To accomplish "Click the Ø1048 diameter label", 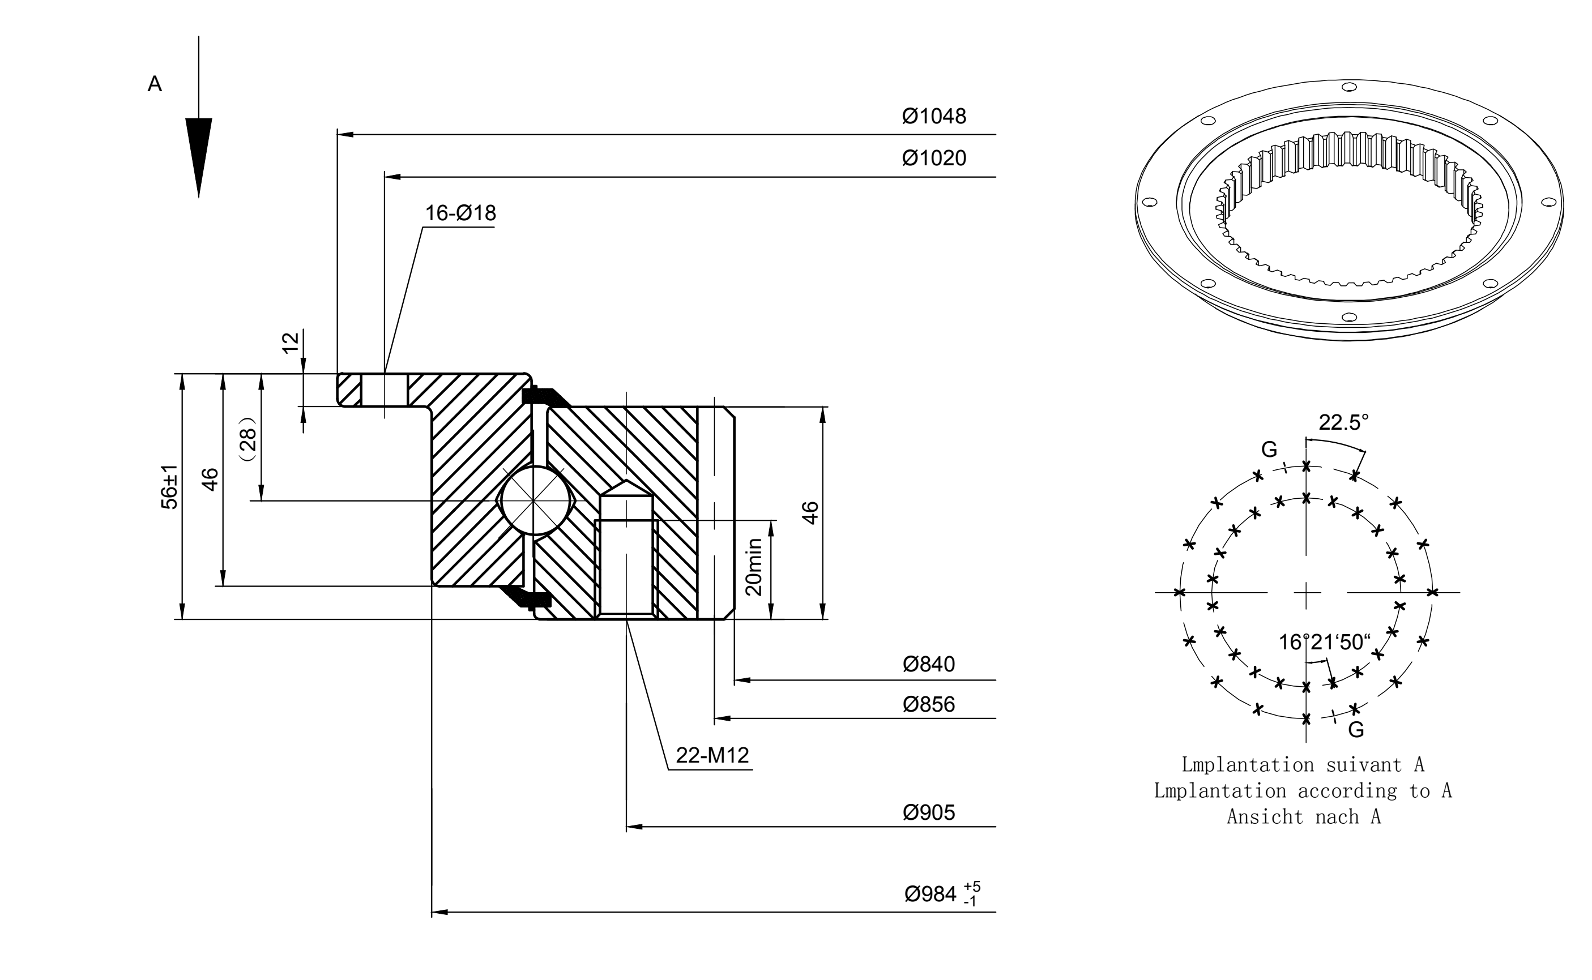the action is click(x=933, y=116).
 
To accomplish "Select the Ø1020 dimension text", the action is click(x=933, y=158).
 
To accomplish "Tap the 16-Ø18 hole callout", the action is click(x=460, y=213).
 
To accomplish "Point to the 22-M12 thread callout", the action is click(x=712, y=755).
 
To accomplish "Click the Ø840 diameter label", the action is click(x=928, y=664).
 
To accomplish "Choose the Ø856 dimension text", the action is click(x=928, y=704).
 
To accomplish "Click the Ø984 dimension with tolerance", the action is click(x=942, y=893).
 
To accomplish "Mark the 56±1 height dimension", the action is click(x=169, y=487).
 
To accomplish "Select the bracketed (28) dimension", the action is click(x=248, y=439).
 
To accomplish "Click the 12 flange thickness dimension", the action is click(x=291, y=342).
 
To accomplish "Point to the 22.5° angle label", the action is click(x=1344, y=422).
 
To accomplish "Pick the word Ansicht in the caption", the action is click(x=1265, y=818).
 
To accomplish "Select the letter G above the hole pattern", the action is click(x=1269, y=449).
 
